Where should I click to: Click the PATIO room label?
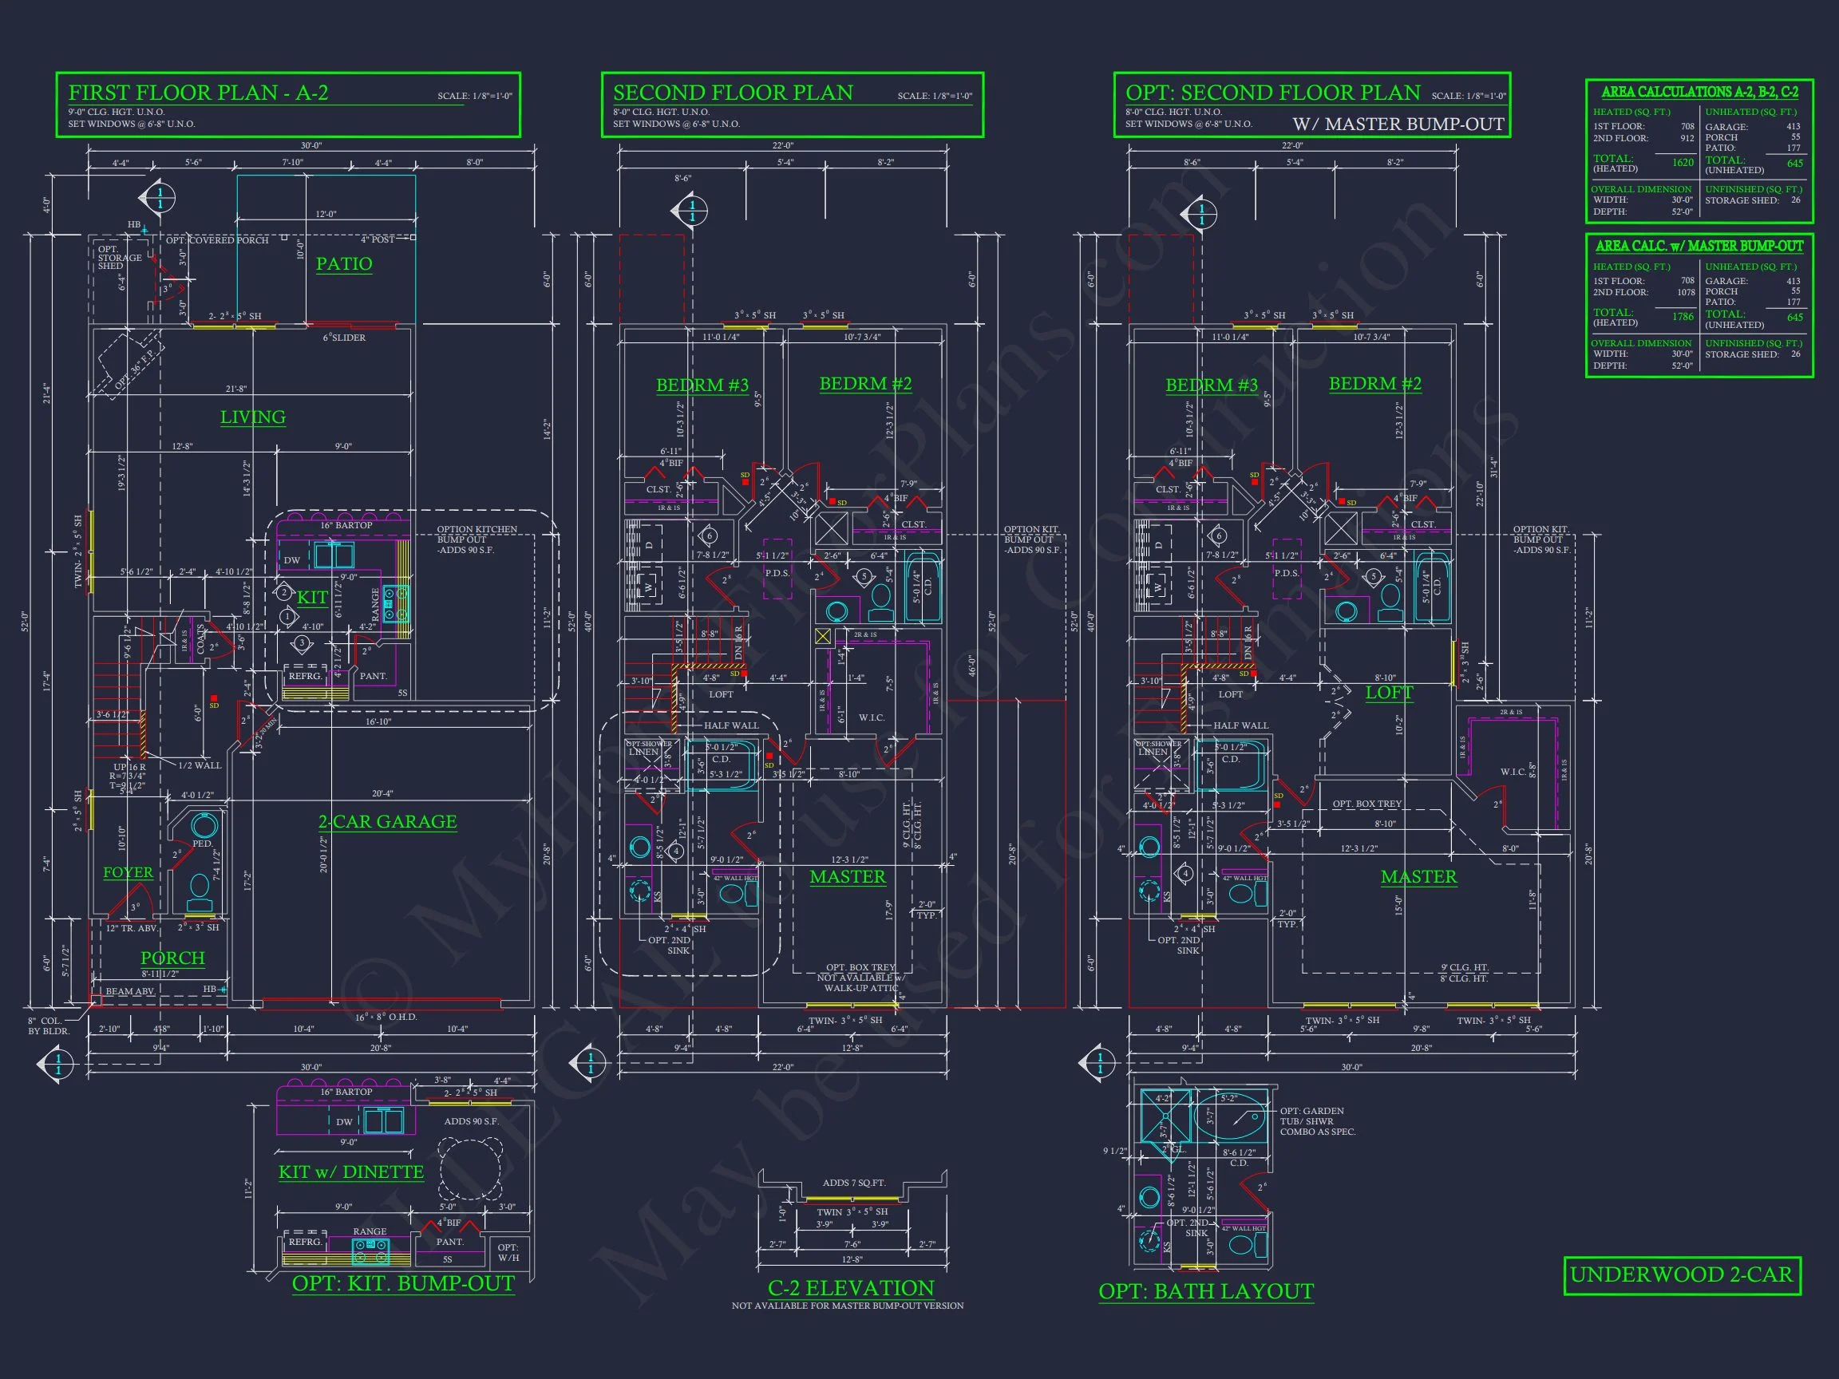343,263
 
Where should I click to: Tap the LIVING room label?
253,417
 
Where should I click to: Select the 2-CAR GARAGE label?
387,821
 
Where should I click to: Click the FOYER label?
128,872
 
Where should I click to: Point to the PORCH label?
172,958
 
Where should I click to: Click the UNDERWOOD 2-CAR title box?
1682,1275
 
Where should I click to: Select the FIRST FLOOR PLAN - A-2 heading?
198,93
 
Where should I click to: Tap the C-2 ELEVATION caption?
851,1287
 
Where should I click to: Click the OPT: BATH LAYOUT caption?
1205,1291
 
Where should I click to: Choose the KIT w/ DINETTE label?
351,1172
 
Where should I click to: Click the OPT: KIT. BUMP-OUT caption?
402,1283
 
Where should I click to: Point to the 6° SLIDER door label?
344,338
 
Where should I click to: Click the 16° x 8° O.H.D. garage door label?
386,1017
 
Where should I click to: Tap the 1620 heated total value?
1683,163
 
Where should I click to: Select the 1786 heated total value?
1683,317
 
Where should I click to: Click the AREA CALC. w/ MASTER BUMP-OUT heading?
1699,246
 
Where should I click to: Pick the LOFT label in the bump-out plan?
1388,693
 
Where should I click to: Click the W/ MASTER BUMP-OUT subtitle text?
1398,124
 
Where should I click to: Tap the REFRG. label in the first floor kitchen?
305,676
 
